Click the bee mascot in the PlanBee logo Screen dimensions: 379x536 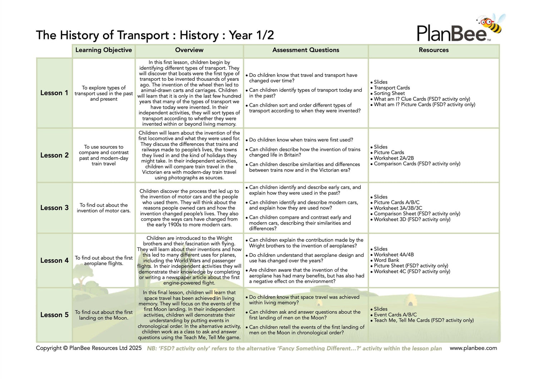[492, 24]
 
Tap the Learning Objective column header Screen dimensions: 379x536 [104, 50]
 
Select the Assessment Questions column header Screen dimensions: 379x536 [306, 50]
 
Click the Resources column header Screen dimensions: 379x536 [433, 50]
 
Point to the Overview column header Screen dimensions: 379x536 [189, 50]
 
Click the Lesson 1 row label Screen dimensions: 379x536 [54, 93]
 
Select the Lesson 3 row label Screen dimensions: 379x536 [54, 208]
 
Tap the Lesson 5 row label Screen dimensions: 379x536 [54, 315]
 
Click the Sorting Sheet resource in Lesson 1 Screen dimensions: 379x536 [389, 93]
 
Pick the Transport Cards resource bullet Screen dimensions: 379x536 [392, 88]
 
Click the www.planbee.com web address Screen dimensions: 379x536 [473, 348]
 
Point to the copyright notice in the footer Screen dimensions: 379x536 [89, 348]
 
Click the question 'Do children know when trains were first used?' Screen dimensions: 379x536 [301, 140]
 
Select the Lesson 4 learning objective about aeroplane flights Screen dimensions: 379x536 [104, 260]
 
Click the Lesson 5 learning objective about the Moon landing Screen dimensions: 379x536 [104, 315]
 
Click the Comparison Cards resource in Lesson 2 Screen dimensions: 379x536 [417, 164]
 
